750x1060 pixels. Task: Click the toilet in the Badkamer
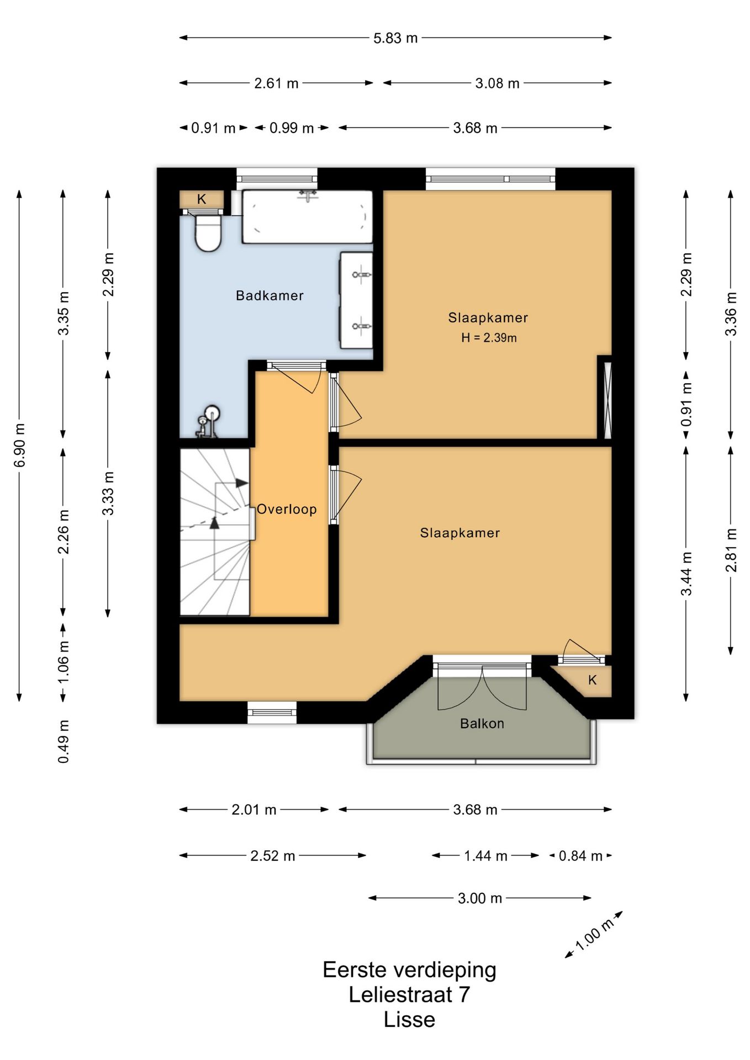click(208, 232)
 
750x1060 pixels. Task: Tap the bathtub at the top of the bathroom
click(307, 216)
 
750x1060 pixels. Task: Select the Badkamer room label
click(270, 295)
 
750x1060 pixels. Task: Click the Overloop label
click(287, 509)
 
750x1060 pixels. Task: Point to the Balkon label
click(482, 723)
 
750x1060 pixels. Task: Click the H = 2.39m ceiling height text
click(489, 338)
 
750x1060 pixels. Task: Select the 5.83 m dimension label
click(395, 38)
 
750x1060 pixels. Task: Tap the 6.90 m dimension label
click(19, 445)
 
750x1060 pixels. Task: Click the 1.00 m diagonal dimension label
click(594, 935)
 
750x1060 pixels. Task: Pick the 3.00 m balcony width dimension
click(479, 898)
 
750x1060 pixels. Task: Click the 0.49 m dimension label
click(64, 741)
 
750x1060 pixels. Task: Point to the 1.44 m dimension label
click(485, 856)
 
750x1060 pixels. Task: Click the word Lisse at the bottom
click(409, 1019)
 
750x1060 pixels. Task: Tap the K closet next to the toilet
click(202, 199)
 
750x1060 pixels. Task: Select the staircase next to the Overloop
click(215, 532)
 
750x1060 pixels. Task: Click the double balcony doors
click(482, 687)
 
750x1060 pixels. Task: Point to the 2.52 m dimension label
click(272, 856)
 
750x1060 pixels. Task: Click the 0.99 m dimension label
click(292, 128)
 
